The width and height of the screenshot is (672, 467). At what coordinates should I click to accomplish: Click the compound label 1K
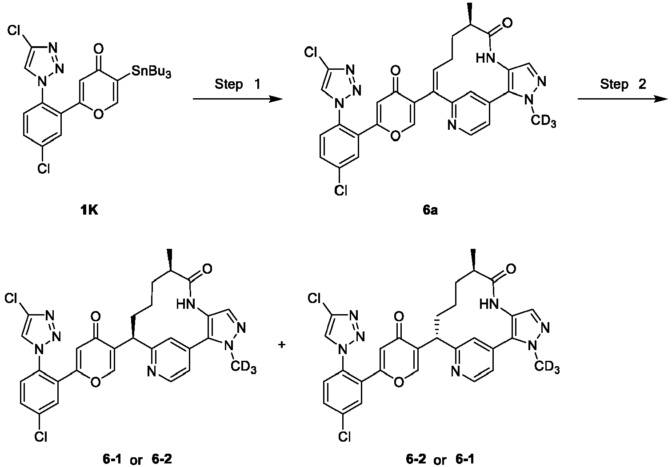pos(89,211)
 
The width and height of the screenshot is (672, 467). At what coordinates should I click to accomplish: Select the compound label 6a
pos(430,211)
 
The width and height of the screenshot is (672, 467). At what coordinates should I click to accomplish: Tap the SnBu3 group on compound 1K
pos(152,72)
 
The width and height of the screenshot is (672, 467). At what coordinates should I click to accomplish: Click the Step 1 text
pos(238,84)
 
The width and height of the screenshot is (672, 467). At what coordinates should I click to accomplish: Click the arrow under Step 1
pos(238,99)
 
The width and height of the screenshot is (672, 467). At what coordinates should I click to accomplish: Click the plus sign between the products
pos(281,345)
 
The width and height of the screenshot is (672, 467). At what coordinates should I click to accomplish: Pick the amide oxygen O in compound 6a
pos(507,24)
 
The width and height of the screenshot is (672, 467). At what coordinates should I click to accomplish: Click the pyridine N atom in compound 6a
pos(453,125)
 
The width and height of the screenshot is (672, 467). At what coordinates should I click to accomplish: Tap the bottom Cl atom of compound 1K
pos(44,169)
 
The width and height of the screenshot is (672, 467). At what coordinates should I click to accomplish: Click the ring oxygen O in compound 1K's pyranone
pos(98,114)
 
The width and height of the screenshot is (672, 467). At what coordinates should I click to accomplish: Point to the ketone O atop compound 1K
pos(98,48)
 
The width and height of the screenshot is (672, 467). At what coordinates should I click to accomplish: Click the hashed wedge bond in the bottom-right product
pos(438,327)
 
